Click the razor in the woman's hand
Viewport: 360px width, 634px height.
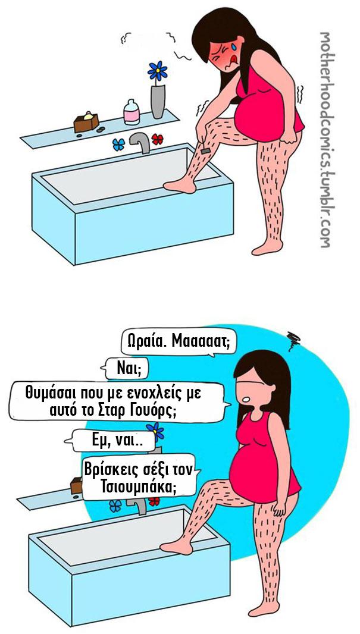[x=205, y=150]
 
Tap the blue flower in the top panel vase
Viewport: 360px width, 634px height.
[x=157, y=71]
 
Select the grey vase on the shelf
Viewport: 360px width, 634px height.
[x=158, y=101]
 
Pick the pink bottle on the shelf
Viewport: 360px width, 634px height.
[x=132, y=112]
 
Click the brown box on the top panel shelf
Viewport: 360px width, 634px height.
[x=86, y=122]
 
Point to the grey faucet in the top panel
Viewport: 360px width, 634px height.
[x=140, y=143]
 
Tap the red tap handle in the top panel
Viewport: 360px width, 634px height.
[x=157, y=140]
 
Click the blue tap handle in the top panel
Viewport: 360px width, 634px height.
[x=118, y=145]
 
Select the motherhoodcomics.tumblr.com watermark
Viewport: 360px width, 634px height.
[x=324, y=140]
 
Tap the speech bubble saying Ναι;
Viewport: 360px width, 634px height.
[x=126, y=369]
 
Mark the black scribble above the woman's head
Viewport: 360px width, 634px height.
[x=292, y=337]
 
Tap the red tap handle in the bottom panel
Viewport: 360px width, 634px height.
[x=154, y=501]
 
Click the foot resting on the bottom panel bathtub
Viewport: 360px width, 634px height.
[x=176, y=547]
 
